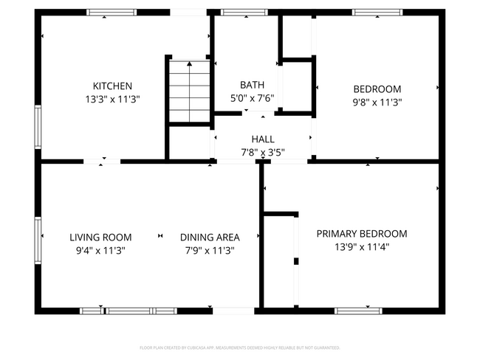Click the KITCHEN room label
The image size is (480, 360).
pyautogui.click(x=112, y=86)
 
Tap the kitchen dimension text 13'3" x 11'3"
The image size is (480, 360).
pyautogui.click(x=112, y=98)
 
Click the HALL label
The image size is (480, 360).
pyautogui.click(x=263, y=139)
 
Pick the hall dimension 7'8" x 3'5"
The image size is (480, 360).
pyautogui.click(x=263, y=152)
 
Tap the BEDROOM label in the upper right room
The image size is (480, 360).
pyautogui.click(x=377, y=89)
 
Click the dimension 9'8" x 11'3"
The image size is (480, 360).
pyautogui.click(x=377, y=103)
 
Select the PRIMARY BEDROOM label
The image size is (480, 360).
pyautogui.click(x=362, y=234)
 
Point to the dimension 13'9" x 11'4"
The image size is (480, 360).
pyautogui.click(x=362, y=247)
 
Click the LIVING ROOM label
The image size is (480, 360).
pyautogui.click(x=100, y=237)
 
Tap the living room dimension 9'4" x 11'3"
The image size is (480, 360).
pyautogui.click(x=100, y=250)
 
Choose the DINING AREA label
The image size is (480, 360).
pyautogui.click(x=210, y=237)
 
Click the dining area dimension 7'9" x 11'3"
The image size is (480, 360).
pyautogui.click(x=210, y=250)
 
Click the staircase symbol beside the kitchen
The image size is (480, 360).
pyautogui.click(x=190, y=92)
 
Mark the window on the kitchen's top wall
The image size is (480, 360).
pyautogui.click(x=112, y=13)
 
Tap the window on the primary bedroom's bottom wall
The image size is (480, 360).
pyautogui.click(x=358, y=311)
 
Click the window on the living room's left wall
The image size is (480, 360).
pyautogui.click(x=38, y=238)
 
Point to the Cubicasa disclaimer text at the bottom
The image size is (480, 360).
pyautogui.click(x=240, y=347)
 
